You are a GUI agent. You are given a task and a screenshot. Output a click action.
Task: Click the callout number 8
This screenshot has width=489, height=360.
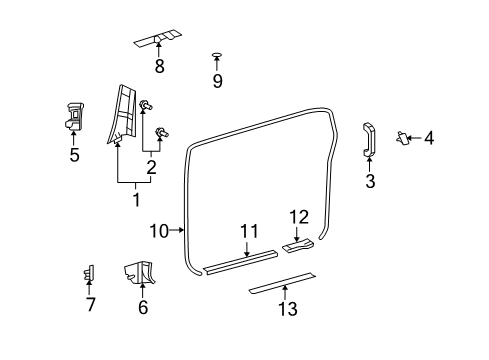tap(158, 68)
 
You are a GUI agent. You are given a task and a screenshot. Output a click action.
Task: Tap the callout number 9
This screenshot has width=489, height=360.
tap(217, 81)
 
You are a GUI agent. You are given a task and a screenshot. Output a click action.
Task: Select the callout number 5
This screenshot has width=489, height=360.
tap(72, 155)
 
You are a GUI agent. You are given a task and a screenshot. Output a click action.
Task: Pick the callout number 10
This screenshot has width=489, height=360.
tap(158, 230)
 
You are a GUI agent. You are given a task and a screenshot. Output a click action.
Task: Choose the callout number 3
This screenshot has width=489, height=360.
tap(369, 181)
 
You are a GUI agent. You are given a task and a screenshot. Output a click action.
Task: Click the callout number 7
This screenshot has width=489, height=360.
tap(90, 305)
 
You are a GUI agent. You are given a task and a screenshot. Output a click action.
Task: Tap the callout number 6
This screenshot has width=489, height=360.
tap(142, 307)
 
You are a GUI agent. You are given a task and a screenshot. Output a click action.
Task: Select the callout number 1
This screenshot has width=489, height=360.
tap(136, 198)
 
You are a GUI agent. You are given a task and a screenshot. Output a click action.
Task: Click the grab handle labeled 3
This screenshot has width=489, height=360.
tap(368, 139)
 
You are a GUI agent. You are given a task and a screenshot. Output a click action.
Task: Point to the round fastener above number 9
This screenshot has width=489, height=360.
tap(217, 56)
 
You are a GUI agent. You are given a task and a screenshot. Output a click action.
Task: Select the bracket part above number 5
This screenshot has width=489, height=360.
tap(74, 117)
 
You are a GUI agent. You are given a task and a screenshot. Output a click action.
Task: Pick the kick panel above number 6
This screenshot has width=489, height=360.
tap(138, 272)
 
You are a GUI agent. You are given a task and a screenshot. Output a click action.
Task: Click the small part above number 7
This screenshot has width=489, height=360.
tap(89, 272)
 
